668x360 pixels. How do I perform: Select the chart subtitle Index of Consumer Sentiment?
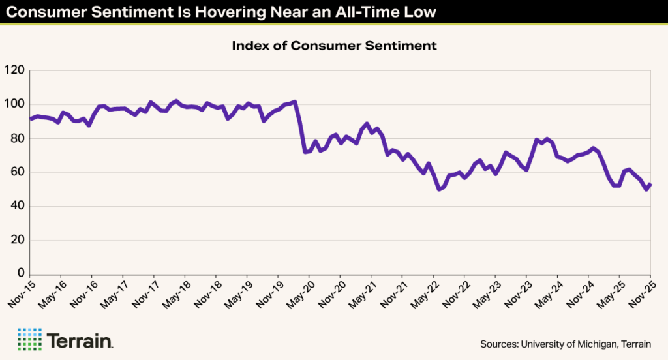334,46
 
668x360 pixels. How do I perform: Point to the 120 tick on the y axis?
14,70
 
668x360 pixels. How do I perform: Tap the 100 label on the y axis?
14,104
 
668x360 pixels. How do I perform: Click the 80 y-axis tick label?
16,138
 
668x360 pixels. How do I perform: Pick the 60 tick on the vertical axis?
16,172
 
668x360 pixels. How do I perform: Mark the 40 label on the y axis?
16,206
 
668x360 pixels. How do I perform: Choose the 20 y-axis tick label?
16,240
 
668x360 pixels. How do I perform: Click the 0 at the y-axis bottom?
20,274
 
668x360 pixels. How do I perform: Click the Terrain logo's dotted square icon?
29,339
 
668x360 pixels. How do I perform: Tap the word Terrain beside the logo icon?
81,340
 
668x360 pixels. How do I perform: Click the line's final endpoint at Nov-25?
650,185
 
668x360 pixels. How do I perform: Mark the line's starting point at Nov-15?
31,119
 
